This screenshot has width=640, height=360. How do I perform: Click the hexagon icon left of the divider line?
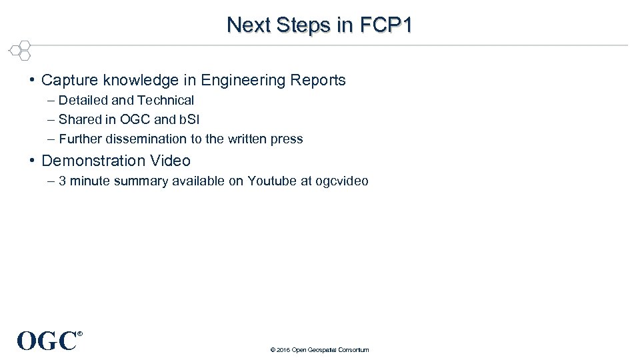pos(21,51)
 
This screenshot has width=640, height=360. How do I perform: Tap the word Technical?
pos(165,101)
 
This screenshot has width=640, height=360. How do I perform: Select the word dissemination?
pos(143,139)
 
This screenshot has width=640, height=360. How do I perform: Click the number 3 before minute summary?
pos(63,181)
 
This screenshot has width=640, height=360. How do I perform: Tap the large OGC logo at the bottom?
pos(46,341)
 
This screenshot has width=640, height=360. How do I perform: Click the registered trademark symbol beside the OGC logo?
pos(80,333)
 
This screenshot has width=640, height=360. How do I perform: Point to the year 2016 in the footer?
pos(283,350)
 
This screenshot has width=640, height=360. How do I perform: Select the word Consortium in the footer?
pos(353,350)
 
